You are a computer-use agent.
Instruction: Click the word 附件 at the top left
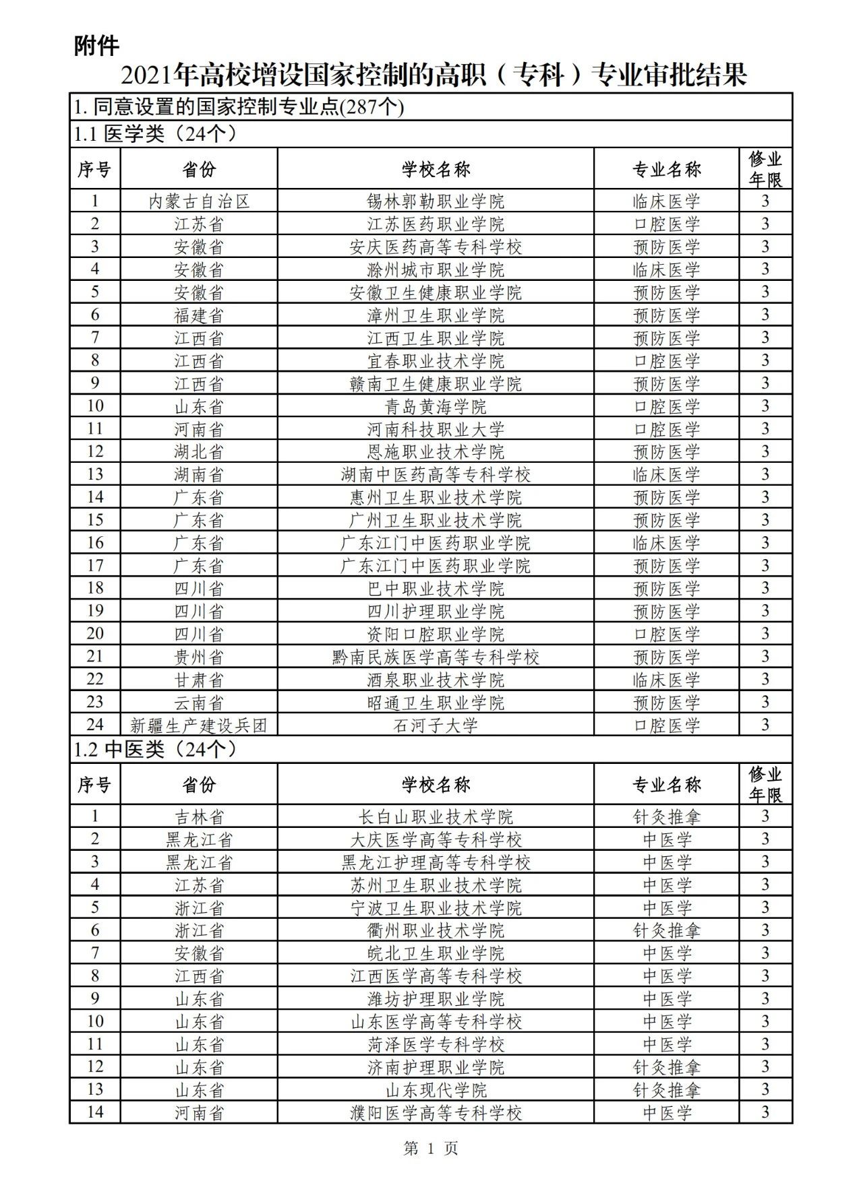tap(96, 46)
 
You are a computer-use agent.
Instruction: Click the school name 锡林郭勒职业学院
tap(436, 201)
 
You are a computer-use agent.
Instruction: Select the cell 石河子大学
tap(436, 726)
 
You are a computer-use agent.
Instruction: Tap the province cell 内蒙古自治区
tap(199, 201)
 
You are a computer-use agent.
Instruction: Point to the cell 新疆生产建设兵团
tap(199, 726)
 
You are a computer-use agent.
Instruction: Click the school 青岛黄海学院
tap(436, 406)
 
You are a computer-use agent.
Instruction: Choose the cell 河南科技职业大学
tap(436, 429)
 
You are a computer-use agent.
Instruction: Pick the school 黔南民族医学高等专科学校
tap(436, 657)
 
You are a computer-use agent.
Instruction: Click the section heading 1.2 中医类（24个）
tap(155, 749)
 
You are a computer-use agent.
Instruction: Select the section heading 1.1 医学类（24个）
tap(155, 135)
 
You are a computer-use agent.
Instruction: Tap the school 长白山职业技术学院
tap(436, 816)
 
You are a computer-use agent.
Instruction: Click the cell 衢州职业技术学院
tap(436, 930)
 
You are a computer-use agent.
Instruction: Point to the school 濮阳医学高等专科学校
tap(436, 1113)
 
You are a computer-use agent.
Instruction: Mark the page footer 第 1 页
tap(431, 1149)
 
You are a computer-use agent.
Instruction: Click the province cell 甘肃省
tap(199, 680)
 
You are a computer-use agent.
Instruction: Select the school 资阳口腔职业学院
tap(436, 634)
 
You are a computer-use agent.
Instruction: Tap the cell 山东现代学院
tap(436, 1090)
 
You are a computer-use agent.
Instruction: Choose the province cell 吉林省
tap(199, 816)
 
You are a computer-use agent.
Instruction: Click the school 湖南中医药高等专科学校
tap(436, 474)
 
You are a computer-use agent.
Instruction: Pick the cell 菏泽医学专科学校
tap(436, 1044)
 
